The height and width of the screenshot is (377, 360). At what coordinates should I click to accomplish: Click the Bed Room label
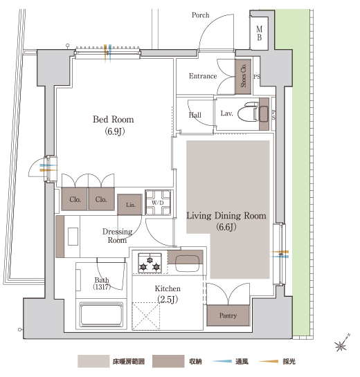[114, 120]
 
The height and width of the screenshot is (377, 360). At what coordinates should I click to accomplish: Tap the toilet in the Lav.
[248, 111]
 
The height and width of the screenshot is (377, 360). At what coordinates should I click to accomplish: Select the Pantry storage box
[228, 315]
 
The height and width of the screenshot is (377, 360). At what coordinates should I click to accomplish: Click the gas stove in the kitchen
[150, 263]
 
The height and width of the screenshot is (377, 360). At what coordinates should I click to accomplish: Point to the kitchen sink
[188, 263]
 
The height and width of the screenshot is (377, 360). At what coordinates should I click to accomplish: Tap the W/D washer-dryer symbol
[158, 203]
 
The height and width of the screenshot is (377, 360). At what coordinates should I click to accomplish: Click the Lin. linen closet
[129, 205]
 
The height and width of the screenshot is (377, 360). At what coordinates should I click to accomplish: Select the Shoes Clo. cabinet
[243, 77]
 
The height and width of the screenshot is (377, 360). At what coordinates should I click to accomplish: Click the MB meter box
[259, 33]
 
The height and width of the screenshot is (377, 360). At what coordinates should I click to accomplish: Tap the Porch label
[201, 15]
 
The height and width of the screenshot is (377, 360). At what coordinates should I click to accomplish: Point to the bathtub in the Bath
[101, 314]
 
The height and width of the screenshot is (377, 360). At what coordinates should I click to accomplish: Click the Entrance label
[203, 76]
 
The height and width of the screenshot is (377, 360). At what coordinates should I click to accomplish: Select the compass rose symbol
[342, 343]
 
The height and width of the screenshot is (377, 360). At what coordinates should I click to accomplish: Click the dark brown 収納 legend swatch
[168, 361]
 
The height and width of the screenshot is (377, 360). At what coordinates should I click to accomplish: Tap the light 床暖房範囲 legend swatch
[93, 361]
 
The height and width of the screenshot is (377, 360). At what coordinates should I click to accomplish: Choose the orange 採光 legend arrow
[269, 361]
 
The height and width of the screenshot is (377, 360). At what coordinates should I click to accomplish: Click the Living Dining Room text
[226, 216]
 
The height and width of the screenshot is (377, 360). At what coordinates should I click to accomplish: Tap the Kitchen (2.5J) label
[168, 294]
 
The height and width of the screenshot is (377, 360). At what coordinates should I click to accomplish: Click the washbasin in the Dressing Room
[73, 237]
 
